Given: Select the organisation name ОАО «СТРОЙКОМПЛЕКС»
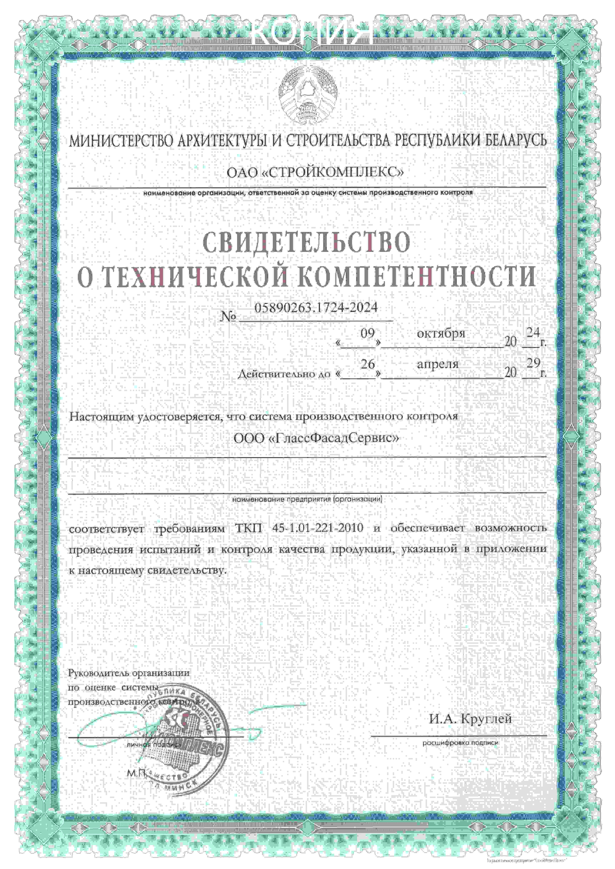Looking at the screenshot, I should pyautogui.click(x=315, y=173).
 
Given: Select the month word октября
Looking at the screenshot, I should pyautogui.click(x=441, y=334).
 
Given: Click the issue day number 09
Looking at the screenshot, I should pyautogui.click(x=367, y=334).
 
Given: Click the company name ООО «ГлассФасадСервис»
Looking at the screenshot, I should pyautogui.click(x=316, y=438).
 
